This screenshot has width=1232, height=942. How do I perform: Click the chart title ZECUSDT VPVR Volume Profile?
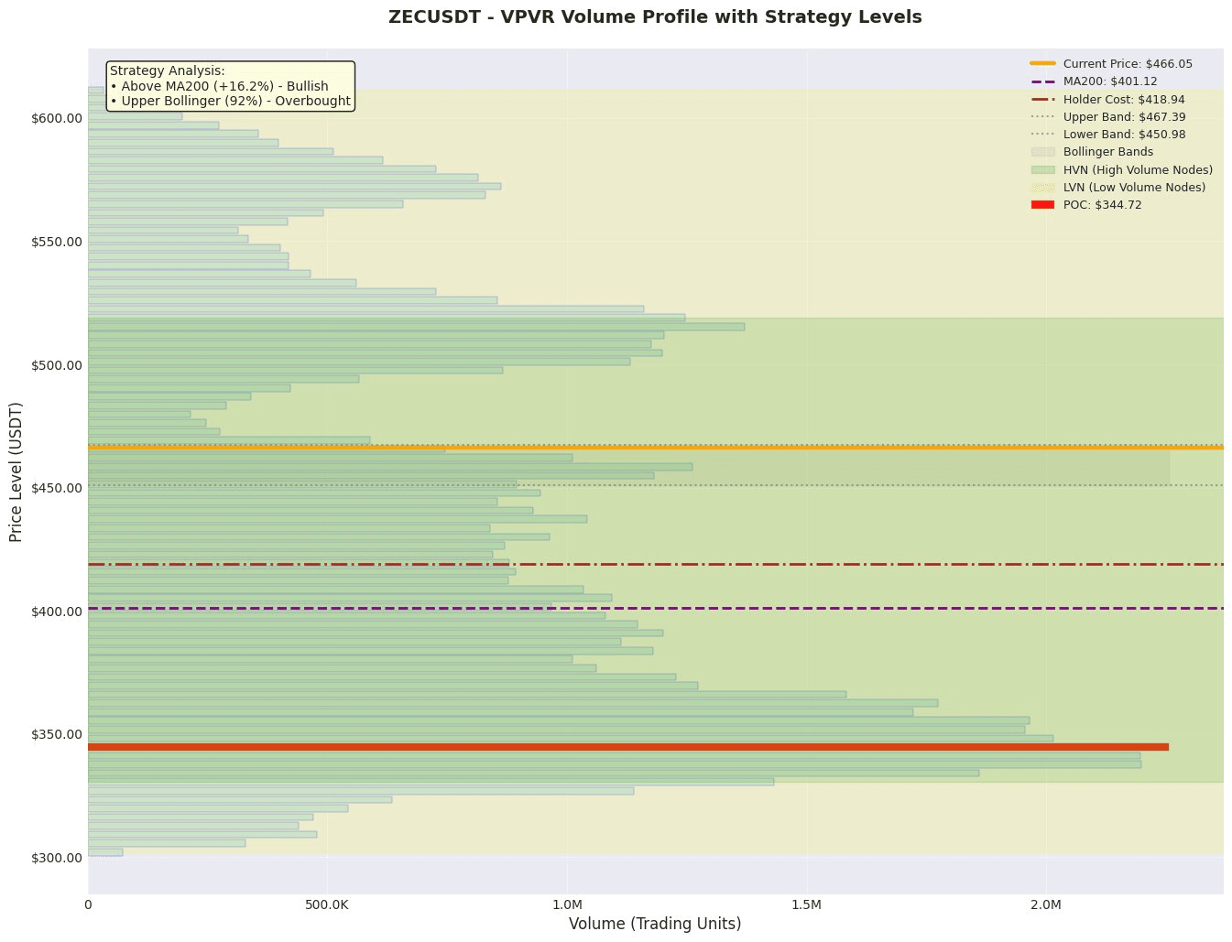[655, 17]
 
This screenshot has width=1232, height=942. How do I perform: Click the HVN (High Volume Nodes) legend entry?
[1138, 170]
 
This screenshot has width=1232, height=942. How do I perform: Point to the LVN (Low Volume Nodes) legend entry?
[1134, 188]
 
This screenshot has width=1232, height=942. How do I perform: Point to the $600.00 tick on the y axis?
[57, 118]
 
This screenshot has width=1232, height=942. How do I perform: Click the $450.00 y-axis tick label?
[57, 488]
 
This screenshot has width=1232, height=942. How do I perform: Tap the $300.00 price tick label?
[57, 858]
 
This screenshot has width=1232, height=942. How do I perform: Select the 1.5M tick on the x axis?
[806, 905]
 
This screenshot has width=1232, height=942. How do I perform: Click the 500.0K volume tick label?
[328, 905]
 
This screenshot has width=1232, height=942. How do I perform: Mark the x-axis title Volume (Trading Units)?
[655, 925]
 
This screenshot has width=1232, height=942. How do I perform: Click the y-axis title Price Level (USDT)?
[16, 471]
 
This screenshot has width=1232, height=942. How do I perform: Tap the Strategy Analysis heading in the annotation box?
[167, 70]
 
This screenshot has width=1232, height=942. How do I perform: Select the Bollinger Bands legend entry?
[1108, 152]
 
